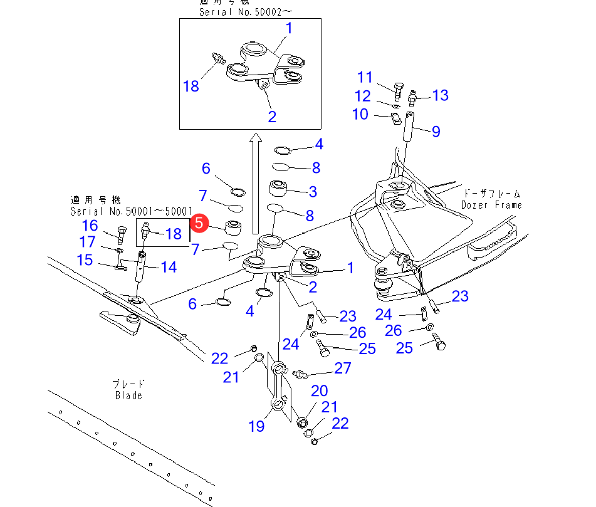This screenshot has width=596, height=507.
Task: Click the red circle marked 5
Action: coord(199,222)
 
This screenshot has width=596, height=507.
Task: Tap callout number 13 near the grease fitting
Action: coord(440,95)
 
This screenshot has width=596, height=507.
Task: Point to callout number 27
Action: coord(343,368)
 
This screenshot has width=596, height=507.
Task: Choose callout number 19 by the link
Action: coord(256,426)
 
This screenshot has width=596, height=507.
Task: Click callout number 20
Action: coord(319,392)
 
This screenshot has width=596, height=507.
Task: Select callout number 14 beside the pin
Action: coord(168,267)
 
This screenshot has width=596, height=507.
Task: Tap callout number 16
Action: coord(90,226)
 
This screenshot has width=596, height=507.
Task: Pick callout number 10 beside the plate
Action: coord(360,114)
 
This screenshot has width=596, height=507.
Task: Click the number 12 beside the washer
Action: coord(363,96)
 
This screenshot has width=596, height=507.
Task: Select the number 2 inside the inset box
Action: coord(272,117)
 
